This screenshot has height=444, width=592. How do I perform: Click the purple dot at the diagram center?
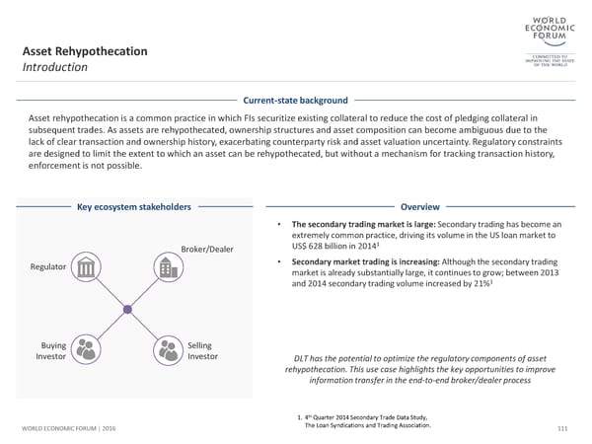pyautogui.click(x=126, y=309)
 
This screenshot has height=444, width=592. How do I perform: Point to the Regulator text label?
pyautogui.click(x=49, y=267)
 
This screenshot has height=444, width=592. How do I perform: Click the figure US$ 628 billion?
pyautogui.click(x=324, y=247)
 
